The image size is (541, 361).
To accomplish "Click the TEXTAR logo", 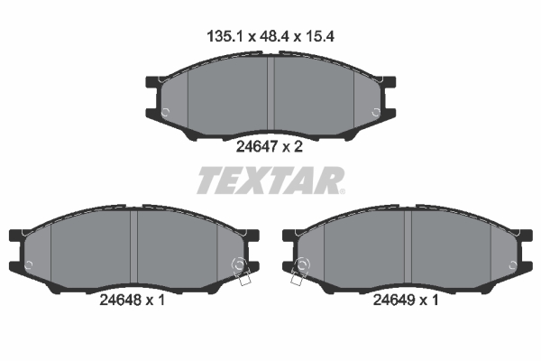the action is [x=271, y=180].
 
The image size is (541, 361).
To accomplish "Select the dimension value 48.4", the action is [x=273, y=36].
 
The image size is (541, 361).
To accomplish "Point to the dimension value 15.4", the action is [x=318, y=36].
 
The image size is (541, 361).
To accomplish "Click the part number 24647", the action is [x=257, y=147].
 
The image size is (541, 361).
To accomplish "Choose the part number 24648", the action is [x=121, y=300].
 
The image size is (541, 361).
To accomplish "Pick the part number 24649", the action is [x=394, y=300].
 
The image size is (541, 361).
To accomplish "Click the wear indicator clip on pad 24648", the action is [x=241, y=271].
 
